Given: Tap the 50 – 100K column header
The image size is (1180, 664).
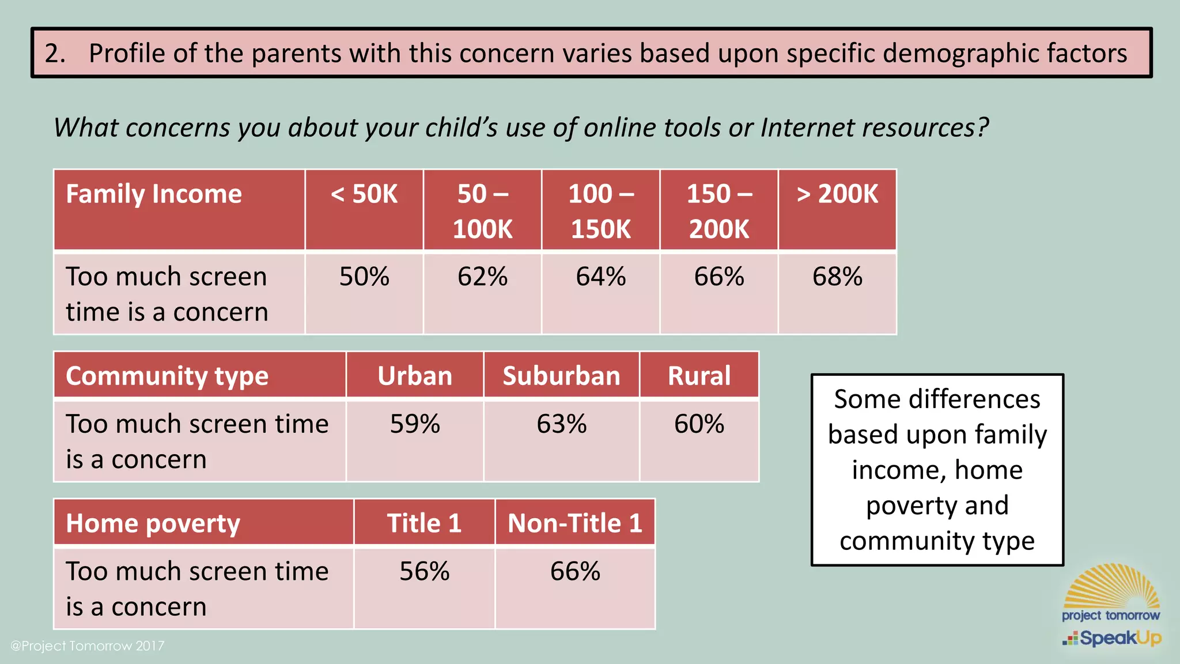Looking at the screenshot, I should pos(482,211).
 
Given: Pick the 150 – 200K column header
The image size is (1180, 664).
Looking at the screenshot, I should pos(719,211).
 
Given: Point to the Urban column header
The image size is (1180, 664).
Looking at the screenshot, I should pos(415,376).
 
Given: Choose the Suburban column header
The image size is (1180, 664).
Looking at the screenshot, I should pos(561,376).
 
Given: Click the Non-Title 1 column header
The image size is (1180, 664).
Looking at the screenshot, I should pos(575,523).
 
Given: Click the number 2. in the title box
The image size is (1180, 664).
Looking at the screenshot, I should pos(55,53).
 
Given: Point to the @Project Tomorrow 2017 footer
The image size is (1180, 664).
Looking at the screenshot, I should pos(88,646).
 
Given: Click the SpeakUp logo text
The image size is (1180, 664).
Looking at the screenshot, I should pos(1120,638).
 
